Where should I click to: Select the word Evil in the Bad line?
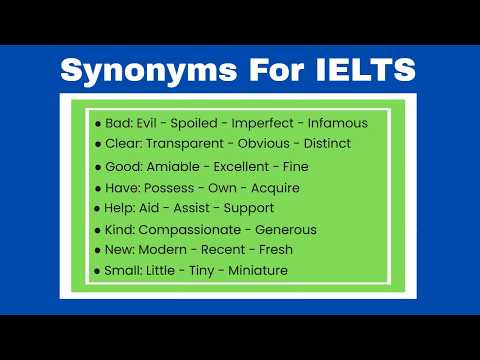click(155, 123)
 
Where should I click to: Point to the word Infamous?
click(337, 123)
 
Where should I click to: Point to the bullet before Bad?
click(97, 123)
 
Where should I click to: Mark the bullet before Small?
click(97, 271)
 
